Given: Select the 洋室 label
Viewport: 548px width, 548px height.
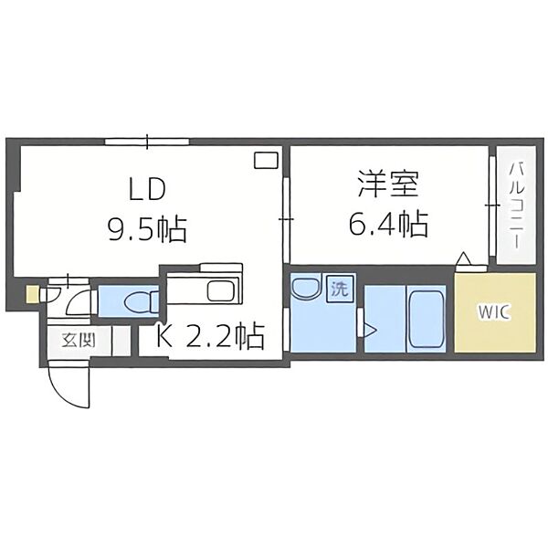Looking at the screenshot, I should point(387,184).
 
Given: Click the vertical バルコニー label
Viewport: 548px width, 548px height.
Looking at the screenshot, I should point(515,205).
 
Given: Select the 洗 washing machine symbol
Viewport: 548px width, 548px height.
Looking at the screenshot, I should point(339,290).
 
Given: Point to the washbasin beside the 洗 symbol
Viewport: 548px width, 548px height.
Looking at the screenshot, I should point(303,289).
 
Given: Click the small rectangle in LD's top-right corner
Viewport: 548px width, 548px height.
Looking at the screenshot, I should point(266,160).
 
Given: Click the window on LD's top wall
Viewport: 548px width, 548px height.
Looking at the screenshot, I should point(147,142).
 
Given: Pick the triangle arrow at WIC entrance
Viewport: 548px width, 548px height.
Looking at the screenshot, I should point(464,259).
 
